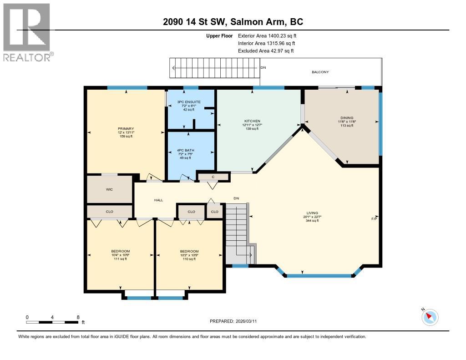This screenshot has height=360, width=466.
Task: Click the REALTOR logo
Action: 27,32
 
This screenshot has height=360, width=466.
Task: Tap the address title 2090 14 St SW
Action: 233,22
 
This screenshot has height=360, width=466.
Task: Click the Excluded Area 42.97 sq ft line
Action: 266,51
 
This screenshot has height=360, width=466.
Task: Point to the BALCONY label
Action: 320,72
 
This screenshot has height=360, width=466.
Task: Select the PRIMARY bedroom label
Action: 126,129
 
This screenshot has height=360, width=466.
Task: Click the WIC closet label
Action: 109,188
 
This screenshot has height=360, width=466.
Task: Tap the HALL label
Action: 158,200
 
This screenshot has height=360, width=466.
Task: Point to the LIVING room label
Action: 312,213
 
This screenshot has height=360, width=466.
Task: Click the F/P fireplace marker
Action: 374,219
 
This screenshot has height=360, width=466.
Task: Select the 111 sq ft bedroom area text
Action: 121,259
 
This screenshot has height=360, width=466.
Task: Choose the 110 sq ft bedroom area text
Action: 189,259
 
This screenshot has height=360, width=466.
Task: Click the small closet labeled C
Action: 213,176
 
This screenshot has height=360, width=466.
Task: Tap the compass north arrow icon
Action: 429,316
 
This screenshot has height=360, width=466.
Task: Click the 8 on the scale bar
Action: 78,317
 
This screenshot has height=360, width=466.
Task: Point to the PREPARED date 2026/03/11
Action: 236,321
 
